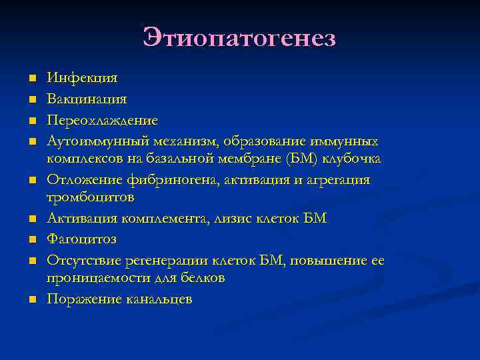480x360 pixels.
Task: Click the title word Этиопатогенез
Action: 239,37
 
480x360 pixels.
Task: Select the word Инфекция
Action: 82,78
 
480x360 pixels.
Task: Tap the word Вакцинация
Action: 87,99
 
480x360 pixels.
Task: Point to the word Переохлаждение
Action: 102,121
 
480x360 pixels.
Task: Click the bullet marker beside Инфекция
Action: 31,79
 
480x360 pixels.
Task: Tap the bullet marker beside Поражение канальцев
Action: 31,300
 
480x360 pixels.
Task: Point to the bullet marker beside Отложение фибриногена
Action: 31,181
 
